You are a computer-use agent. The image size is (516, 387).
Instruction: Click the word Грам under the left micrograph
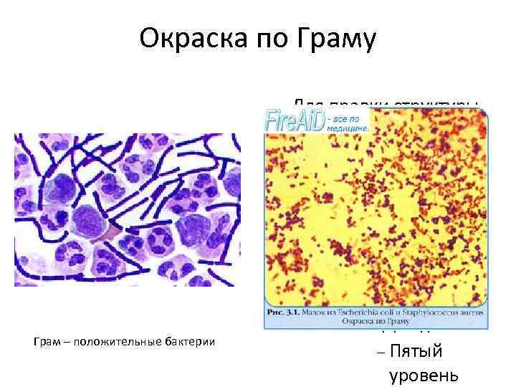(44, 344)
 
